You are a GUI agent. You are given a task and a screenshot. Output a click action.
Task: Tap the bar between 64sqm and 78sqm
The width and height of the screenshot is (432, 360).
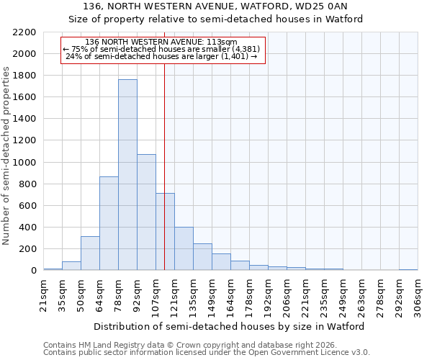(x=109, y=223)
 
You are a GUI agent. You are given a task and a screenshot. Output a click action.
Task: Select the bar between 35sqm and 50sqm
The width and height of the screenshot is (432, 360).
(x=71, y=266)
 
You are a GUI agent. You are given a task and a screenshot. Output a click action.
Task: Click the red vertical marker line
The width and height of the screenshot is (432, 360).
(x=165, y=144)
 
